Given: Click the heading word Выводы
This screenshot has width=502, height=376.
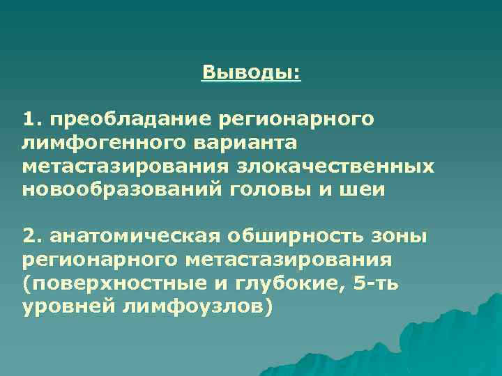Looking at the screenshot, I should tap(251, 72).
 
